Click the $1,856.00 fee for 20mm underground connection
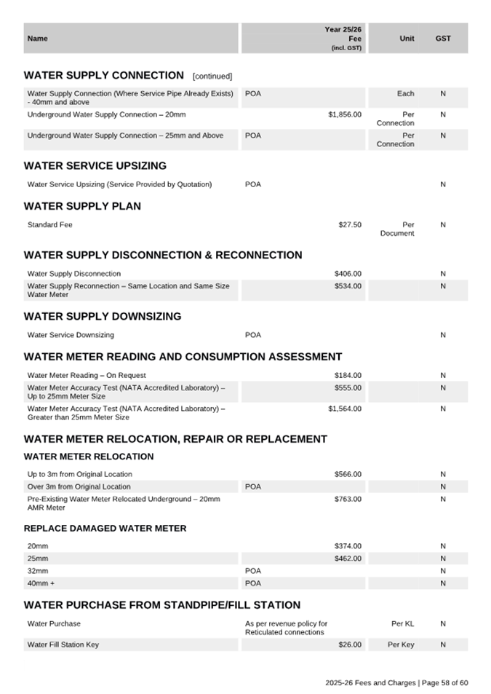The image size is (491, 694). (x=344, y=115)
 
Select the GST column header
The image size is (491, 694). (x=442, y=39)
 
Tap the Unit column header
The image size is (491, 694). (x=407, y=39)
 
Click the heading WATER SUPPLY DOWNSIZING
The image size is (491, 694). (x=103, y=317)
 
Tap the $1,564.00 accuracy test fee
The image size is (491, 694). (x=344, y=409)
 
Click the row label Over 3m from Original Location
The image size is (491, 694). (x=79, y=486)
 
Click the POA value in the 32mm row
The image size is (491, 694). (x=253, y=571)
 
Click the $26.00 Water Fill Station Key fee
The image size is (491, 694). (x=349, y=645)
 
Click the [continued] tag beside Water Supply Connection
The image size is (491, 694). (x=212, y=76)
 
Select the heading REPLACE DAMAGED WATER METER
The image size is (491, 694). (x=105, y=529)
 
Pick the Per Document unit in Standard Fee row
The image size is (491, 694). (x=397, y=229)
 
